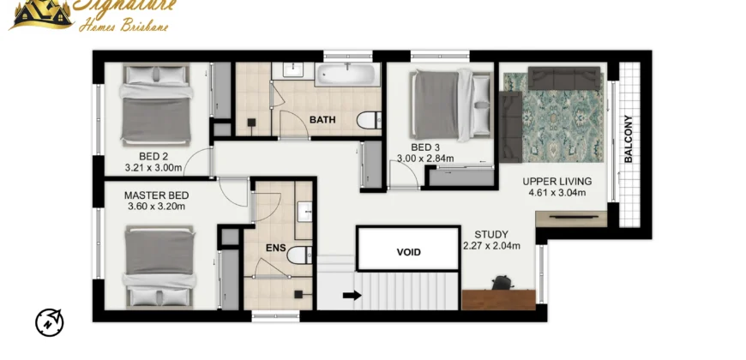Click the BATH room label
322,119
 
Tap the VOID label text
409,252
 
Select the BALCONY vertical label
629,140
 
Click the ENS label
276,248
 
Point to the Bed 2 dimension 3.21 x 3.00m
153,167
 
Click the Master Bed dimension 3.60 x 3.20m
157,207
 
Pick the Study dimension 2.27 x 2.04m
491,246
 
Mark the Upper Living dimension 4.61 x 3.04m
557,193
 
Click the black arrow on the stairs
352,296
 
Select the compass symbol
50,322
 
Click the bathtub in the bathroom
347,75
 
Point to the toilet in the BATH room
369,120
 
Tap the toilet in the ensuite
299,255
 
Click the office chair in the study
502,283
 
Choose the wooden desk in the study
498,300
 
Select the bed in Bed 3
451,105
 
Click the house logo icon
43,14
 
